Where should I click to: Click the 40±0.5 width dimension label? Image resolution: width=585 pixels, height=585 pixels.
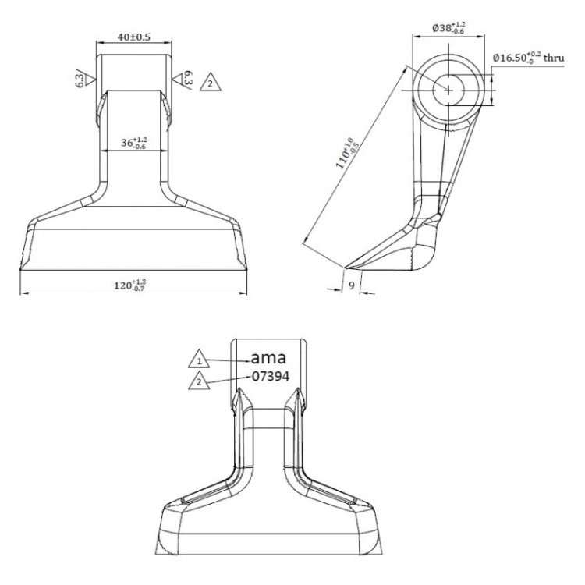tap(134, 37)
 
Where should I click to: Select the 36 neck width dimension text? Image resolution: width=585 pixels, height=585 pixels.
tap(134, 143)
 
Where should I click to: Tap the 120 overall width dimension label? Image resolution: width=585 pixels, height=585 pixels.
tap(129, 285)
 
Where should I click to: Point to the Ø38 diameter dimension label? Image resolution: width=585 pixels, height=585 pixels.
tap(448, 27)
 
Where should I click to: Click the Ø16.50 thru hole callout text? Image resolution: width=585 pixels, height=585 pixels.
tap(528, 58)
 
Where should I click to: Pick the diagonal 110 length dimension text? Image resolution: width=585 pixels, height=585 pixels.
tap(347, 153)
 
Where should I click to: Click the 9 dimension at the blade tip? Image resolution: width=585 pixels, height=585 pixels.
tap(352, 285)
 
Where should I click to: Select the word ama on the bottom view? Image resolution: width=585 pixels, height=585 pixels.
tap(268, 358)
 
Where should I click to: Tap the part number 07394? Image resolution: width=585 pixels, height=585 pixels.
tap(271, 377)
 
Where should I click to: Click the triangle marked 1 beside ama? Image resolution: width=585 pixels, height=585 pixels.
tap(199, 360)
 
